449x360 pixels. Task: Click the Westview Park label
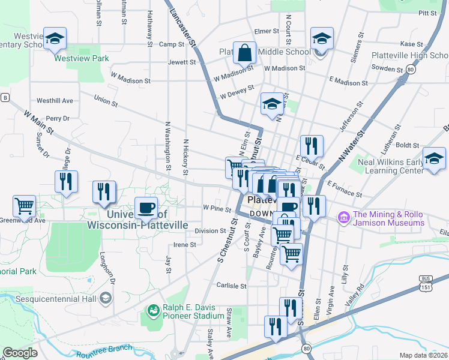(x=82, y=59)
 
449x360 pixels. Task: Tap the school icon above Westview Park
(x=55, y=40)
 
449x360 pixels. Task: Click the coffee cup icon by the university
(x=146, y=208)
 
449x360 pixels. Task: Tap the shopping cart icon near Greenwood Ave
(x=25, y=206)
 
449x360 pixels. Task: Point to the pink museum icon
(x=344, y=217)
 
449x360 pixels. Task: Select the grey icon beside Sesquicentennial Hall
(x=105, y=298)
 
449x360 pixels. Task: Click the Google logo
(x=20, y=353)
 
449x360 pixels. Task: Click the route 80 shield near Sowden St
(x=410, y=70)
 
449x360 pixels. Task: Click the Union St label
(x=106, y=101)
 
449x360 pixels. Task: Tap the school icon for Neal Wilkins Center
(x=434, y=159)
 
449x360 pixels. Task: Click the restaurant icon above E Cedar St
(x=312, y=146)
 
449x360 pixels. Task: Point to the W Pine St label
(x=217, y=209)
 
